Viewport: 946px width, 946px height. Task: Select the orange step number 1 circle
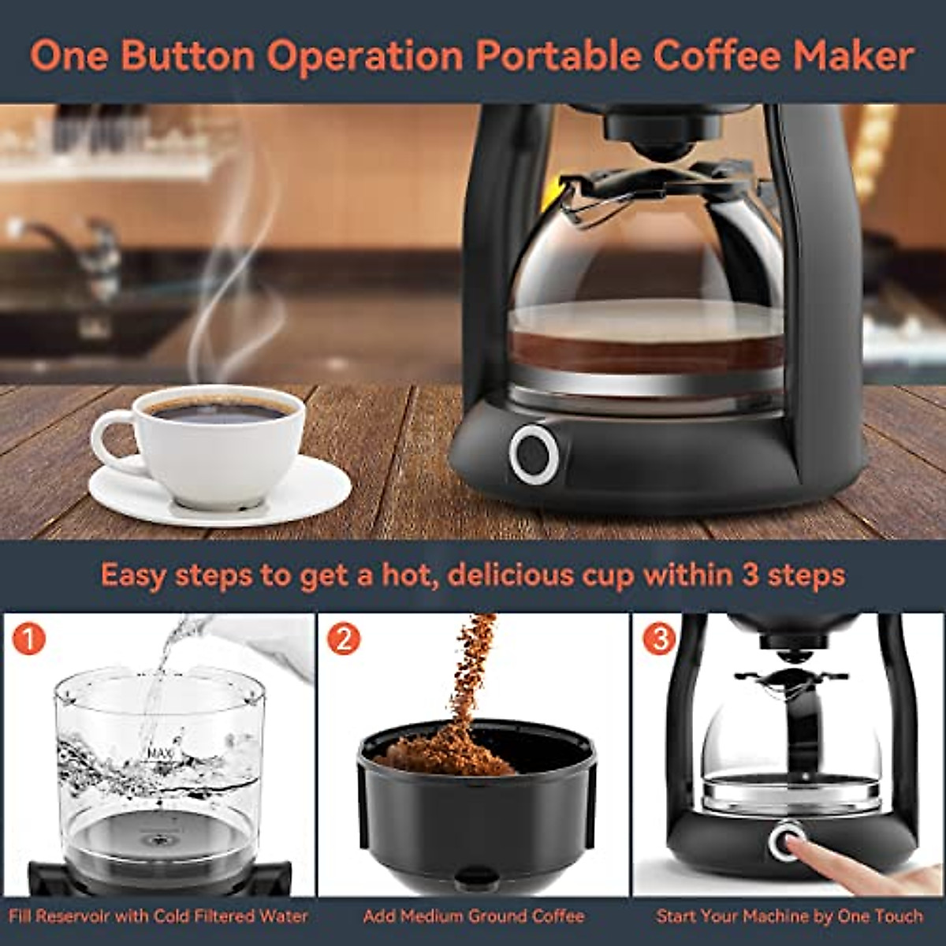click(x=28, y=639)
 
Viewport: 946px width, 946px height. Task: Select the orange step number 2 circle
click(x=344, y=639)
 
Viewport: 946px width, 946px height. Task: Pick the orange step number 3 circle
click(x=659, y=639)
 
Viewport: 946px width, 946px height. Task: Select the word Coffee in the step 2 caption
click(x=556, y=916)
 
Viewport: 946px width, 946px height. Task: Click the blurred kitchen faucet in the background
click(x=71, y=240)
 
